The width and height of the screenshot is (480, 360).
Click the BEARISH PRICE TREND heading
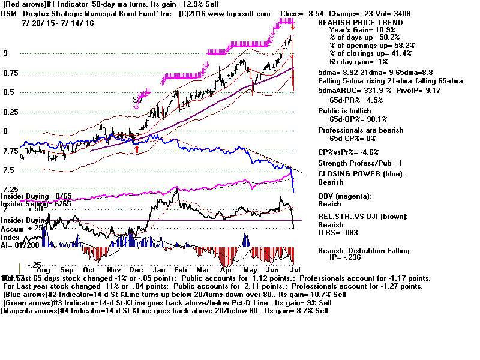click(x=353, y=23)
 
